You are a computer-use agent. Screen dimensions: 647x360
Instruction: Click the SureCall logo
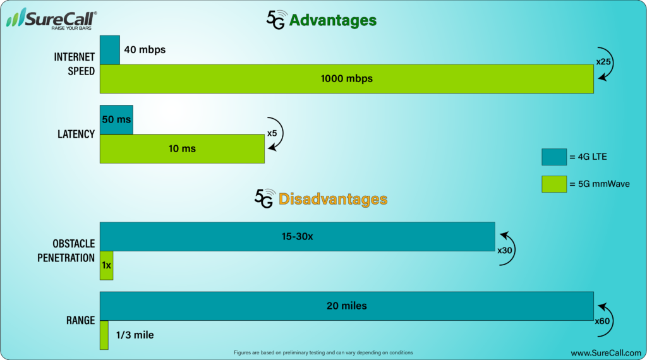tap(52, 18)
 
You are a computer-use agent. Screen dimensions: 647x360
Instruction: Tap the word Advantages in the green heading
tap(333, 20)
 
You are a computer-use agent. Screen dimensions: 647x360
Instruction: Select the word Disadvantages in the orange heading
tap(333, 199)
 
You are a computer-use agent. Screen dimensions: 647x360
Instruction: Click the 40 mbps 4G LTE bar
tap(110, 50)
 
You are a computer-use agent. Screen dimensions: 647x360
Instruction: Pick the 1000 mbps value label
tap(347, 78)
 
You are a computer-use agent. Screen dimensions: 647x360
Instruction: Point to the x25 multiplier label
tap(603, 62)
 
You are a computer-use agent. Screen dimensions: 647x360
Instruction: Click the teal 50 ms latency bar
tap(116, 119)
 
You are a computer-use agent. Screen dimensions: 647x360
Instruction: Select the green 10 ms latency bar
tap(182, 149)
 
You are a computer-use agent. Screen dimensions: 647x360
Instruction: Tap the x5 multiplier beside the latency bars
tap(272, 133)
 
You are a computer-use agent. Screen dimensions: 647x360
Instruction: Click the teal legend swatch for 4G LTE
tap(554, 157)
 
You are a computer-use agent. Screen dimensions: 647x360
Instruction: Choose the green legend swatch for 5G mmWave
tap(554, 184)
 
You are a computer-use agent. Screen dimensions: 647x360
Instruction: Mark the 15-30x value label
tap(297, 237)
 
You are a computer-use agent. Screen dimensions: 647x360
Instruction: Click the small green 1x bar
tap(106, 265)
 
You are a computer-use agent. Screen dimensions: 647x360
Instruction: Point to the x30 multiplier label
tap(505, 250)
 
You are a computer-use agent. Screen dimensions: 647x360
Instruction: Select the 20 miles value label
tap(347, 306)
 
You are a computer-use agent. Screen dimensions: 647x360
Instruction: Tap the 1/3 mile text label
tap(135, 335)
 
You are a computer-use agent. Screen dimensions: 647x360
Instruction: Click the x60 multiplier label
tap(602, 321)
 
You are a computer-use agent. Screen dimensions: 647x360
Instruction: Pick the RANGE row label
tap(80, 320)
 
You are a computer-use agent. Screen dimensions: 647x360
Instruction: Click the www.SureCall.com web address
tap(606, 353)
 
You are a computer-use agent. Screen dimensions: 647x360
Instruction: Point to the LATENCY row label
tap(76, 134)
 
